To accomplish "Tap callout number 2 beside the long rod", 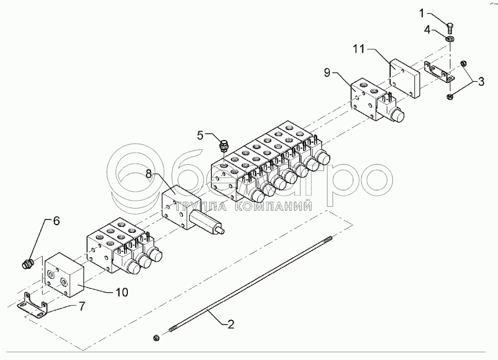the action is tap(231, 325).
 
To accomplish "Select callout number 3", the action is tap(481, 82).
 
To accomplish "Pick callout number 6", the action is tap(55, 221).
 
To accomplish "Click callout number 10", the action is tap(121, 291).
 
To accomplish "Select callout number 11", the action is tap(359, 49).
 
